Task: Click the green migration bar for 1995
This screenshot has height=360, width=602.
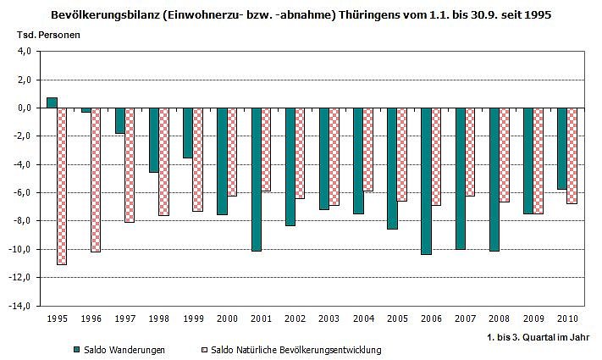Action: click(x=52, y=102)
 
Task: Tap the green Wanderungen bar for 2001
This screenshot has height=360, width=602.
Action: click(x=256, y=180)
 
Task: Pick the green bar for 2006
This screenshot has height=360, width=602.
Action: click(x=426, y=181)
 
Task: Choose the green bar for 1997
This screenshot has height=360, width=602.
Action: click(x=120, y=120)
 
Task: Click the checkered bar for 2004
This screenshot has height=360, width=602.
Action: click(x=367, y=149)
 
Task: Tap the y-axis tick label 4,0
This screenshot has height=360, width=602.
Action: click(x=24, y=52)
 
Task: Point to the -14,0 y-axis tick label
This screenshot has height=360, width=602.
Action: click(x=21, y=306)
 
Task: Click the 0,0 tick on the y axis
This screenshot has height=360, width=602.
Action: click(x=24, y=108)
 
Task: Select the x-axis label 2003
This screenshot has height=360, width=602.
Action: click(x=329, y=319)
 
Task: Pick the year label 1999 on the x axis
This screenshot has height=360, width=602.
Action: click(x=193, y=319)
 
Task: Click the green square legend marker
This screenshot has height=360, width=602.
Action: click(x=76, y=349)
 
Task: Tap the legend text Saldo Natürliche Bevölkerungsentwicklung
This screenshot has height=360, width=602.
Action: click(x=295, y=349)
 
